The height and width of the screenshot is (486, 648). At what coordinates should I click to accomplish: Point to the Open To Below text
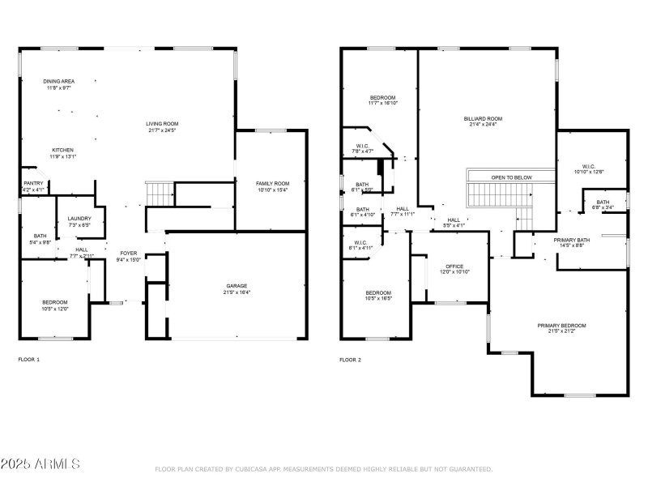511,177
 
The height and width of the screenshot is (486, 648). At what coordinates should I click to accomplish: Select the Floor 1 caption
28,359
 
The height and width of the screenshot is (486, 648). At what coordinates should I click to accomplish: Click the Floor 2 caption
350,359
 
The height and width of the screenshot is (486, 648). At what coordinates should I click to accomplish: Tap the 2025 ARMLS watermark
40,464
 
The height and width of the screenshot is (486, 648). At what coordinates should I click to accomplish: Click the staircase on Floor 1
160,194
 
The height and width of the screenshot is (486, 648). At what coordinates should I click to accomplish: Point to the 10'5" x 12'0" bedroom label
55,305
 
